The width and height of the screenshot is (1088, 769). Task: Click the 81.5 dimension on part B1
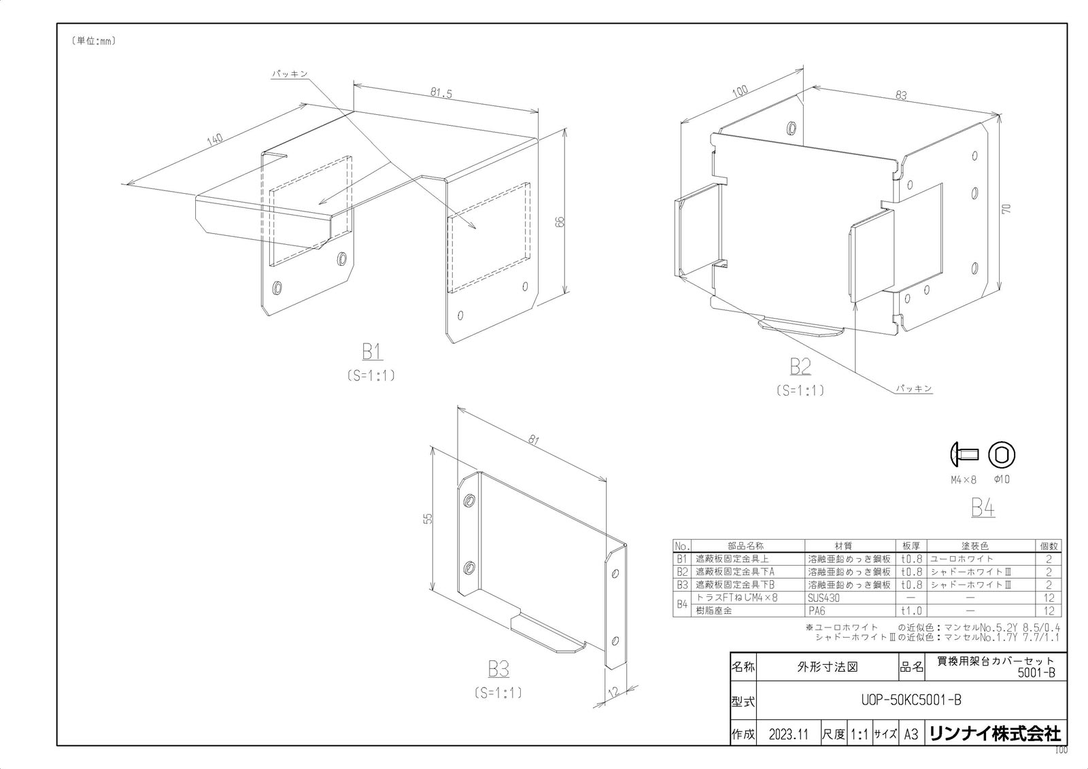[x=441, y=92]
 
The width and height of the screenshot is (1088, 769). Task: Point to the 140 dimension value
[x=215, y=139]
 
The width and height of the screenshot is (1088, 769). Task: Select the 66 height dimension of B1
[x=560, y=222]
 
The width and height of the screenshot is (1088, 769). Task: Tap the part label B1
[x=372, y=352]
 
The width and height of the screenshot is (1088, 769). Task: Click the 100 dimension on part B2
[x=739, y=91]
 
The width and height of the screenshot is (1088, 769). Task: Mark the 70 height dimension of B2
[x=1006, y=209]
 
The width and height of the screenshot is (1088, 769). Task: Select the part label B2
[x=800, y=366]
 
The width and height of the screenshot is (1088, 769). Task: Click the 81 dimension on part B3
[x=533, y=440]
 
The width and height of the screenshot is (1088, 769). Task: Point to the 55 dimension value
[x=428, y=519]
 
